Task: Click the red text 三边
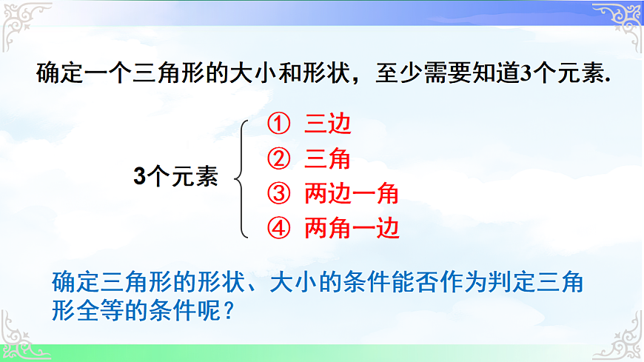327,124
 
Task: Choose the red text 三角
327,158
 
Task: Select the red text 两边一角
352,194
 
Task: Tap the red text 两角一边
352,229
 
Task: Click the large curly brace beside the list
242,177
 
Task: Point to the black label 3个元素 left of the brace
175,177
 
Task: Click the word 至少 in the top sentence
392,76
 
